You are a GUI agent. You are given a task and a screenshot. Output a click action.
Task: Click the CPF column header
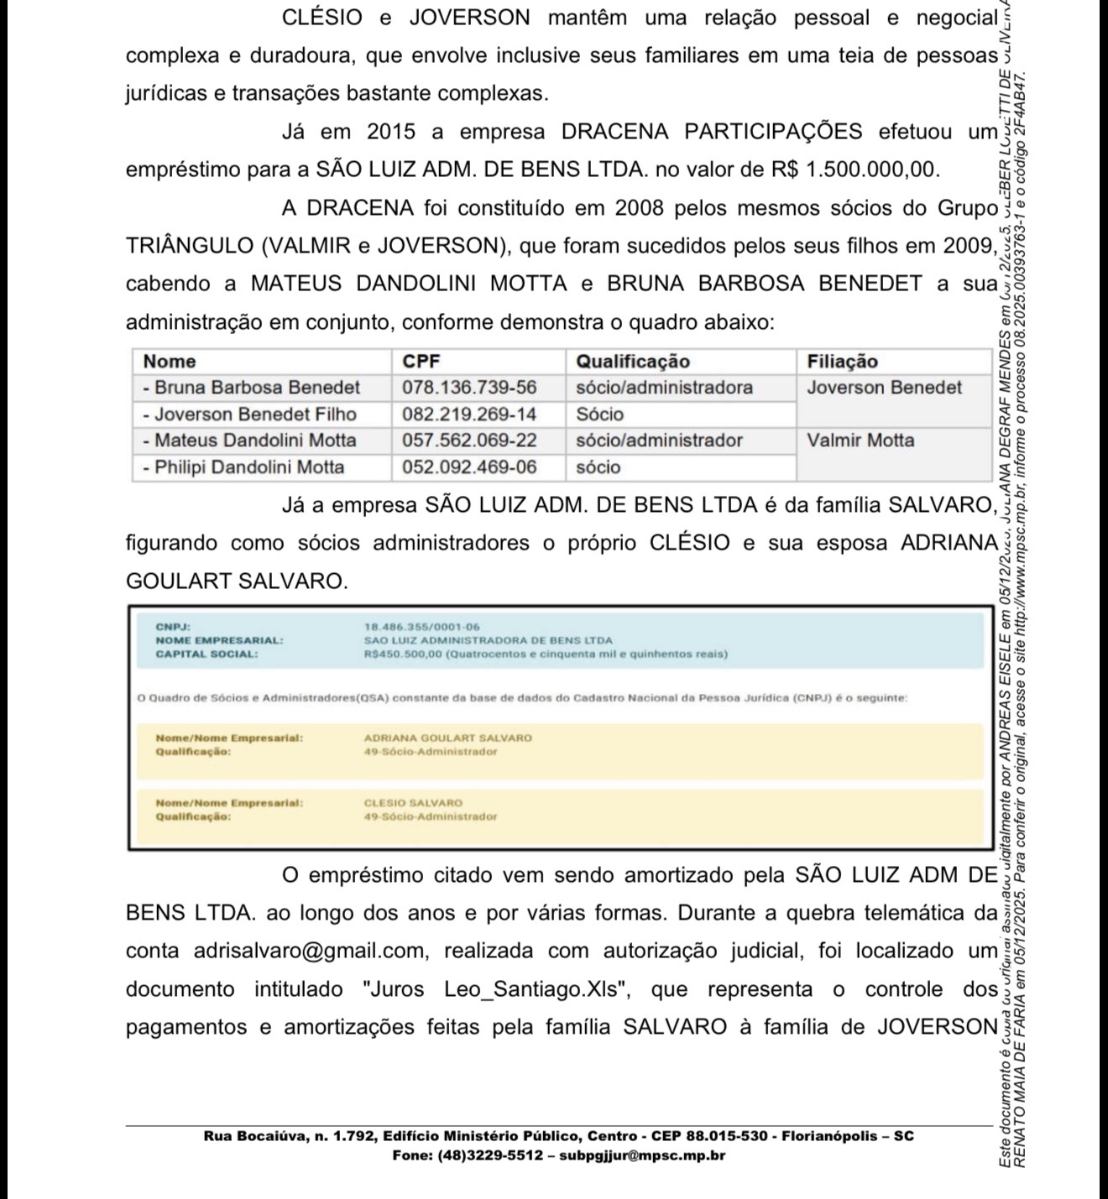tap(421, 362)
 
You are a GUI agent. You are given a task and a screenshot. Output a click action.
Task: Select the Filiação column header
tap(842, 362)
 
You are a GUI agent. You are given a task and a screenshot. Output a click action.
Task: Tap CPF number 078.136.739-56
tap(468, 388)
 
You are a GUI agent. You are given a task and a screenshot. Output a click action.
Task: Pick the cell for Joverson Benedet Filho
tap(255, 414)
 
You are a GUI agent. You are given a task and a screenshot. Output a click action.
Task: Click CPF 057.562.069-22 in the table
tap(468, 441)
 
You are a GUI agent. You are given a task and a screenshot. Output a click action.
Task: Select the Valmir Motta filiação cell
tap(860, 441)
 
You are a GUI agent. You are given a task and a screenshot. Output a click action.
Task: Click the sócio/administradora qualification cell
tap(664, 388)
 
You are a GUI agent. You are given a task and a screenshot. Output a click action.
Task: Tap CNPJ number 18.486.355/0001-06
tap(422, 627)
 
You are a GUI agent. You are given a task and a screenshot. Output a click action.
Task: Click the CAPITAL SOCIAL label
tap(206, 654)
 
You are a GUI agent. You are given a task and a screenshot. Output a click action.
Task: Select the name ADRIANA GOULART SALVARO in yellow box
tap(447, 738)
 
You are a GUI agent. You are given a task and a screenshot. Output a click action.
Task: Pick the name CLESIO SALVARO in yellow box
tap(413, 803)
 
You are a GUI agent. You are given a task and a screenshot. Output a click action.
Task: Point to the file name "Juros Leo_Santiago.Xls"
tap(496, 989)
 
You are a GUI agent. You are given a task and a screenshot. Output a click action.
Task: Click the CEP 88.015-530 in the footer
tap(727, 1137)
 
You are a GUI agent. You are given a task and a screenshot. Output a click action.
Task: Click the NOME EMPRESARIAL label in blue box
tap(219, 640)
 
